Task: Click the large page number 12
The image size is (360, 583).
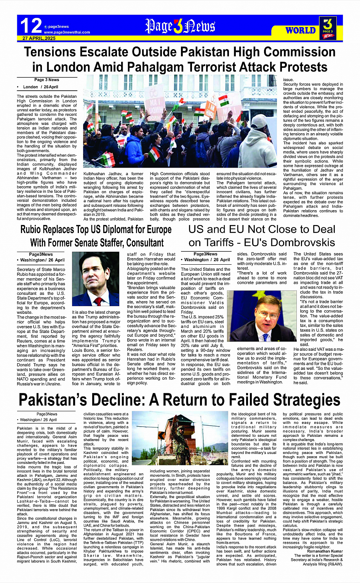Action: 30,26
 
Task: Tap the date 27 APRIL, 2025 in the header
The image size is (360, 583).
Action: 39,38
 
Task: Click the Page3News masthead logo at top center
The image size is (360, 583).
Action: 180,26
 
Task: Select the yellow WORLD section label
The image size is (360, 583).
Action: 301,30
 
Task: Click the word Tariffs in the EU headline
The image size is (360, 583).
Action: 224,243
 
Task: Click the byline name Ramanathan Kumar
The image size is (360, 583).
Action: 325,551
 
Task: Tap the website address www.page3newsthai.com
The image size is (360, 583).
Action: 67,32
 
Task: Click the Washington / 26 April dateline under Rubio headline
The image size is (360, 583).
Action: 42,260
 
